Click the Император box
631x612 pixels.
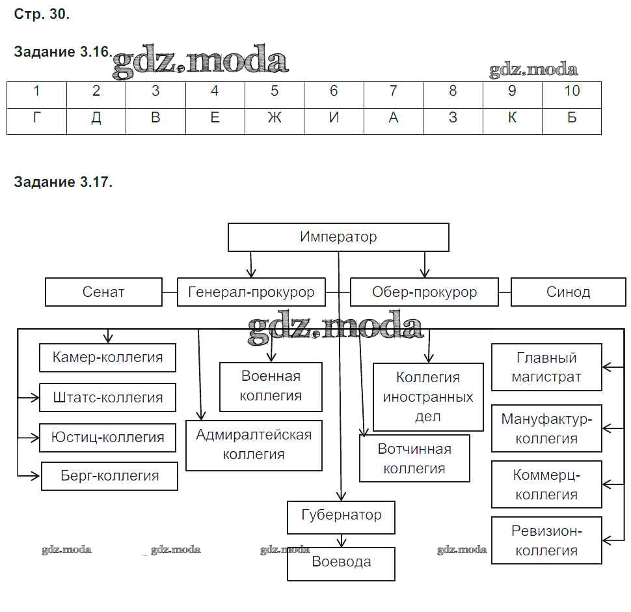[338, 237]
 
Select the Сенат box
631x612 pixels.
[103, 292]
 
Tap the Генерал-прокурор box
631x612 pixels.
[251, 292]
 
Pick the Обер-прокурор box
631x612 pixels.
[424, 292]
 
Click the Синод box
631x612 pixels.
[568, 292]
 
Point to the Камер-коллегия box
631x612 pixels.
[107, 357]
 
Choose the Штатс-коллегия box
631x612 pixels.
[107, 397]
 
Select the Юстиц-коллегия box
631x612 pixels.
[107, 437]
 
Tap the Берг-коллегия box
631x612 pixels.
[109, 476]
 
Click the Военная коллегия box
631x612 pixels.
[271, 386]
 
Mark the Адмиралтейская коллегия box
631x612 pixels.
[254, 445]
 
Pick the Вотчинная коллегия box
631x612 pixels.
[414, 458]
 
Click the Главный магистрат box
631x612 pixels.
[546, 367]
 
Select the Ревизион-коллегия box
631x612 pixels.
[546, 540]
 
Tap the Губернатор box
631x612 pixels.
[342, 516]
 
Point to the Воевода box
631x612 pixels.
[342, 562]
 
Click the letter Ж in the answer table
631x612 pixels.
[275, 118]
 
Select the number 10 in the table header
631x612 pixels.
[571, 91]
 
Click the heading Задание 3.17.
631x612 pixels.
[63, 182]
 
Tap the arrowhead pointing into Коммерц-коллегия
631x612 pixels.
[606, 485]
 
